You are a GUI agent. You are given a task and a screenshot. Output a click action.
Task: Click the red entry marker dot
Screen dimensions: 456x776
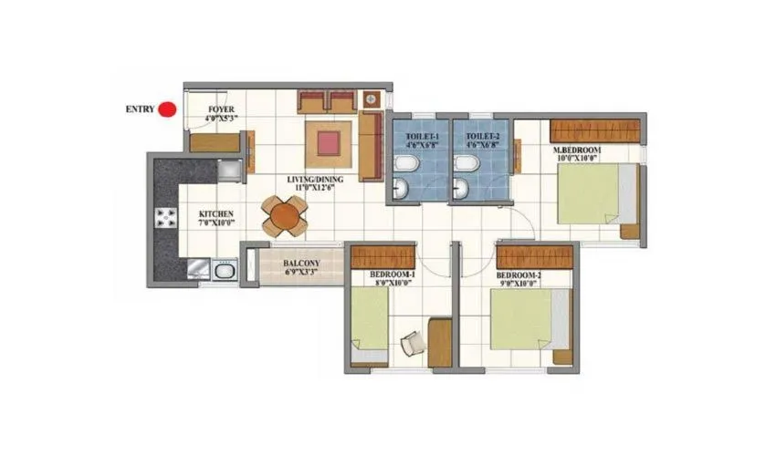pyautogui.click(x=167, y=109)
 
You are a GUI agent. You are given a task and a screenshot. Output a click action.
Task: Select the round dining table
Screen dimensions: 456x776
pyautogui.click(x=285, y=216)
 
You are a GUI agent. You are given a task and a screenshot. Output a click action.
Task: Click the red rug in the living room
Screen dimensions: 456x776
pyautogui.click(x=328, y=141)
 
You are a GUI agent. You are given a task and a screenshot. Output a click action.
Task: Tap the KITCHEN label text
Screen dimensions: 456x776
pyautogui.click(x=217, y=219)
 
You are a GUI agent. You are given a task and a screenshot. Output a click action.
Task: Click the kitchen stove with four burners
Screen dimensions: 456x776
pyautogui.click(x=167, y=217)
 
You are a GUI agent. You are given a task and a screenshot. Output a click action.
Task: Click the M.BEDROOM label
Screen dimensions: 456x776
pyautogui.click(x=575, y=152)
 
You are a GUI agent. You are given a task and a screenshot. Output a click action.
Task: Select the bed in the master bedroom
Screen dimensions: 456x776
pyautogui.click(x=596, y=193)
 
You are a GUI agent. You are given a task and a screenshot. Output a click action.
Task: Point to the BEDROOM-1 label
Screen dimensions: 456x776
pyautogui.click(x=392, y=278)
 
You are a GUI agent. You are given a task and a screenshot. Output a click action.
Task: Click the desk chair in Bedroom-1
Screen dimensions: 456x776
pyautogui.click(x=412, y=343)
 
